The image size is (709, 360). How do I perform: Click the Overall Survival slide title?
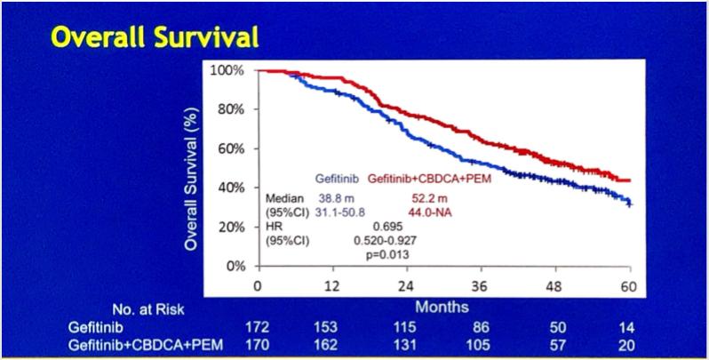coord(155,36)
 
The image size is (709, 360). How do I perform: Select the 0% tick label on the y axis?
coord(235,266)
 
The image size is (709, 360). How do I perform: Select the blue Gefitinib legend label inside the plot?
coord(336,178)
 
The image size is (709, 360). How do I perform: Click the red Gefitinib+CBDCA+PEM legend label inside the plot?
coord(429,178)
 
